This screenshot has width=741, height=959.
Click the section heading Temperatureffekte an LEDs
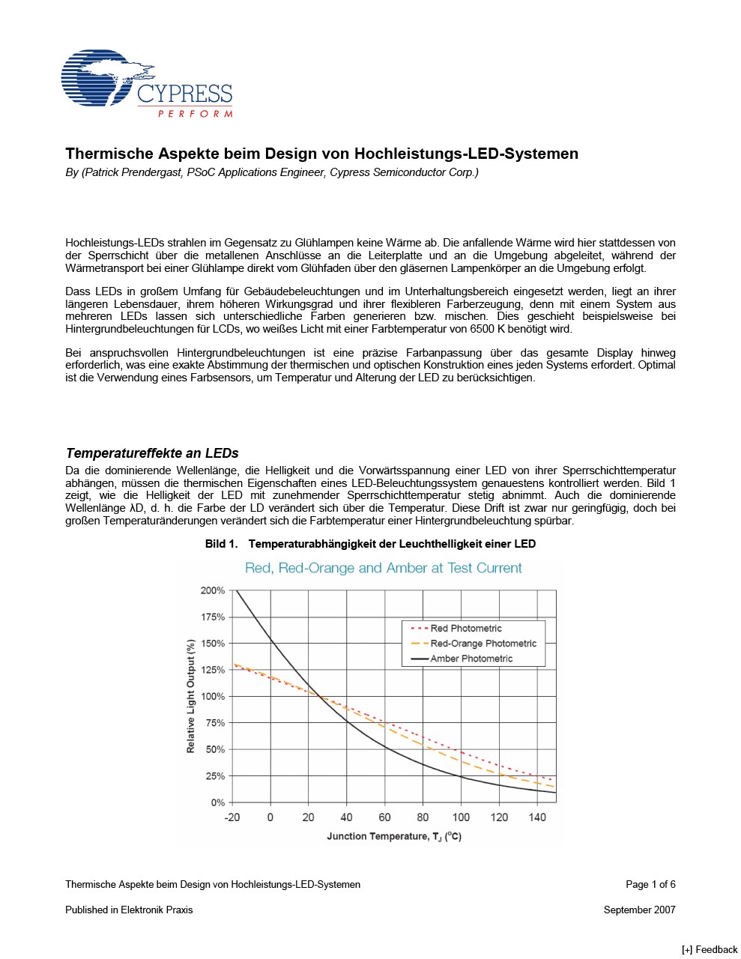[152, 453]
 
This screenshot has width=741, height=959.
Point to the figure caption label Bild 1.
[221, 544]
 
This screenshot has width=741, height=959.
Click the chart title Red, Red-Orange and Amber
[383, 568]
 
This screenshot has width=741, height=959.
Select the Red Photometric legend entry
[465, 629]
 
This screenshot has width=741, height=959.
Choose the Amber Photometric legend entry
[471, 659]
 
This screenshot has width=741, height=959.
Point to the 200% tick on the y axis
[213, 590]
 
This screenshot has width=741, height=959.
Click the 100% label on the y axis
[213, 697]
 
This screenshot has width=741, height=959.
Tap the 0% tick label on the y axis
[217, 802]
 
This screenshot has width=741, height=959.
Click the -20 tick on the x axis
[232, 817]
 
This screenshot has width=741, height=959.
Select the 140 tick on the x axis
[537, 817]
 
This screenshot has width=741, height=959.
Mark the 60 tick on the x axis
[384, 817]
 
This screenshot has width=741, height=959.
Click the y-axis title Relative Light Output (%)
[190, 697]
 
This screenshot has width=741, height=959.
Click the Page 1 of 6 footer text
[650, 884]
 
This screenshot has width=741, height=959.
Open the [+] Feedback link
[709, 949]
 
